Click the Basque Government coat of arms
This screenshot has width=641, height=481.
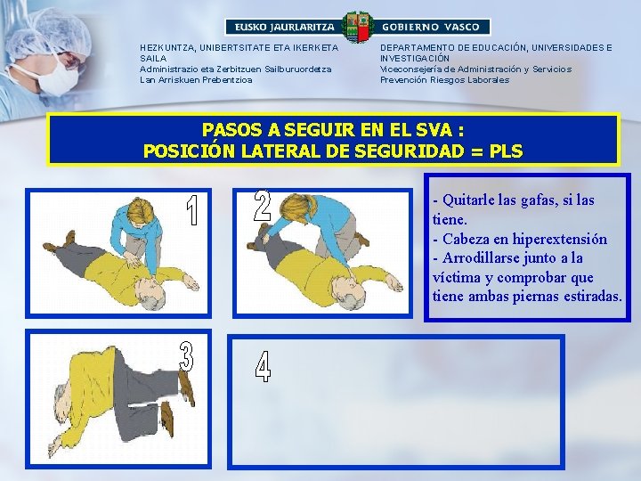(x=358, y=27)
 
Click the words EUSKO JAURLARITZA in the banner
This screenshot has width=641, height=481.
(x=284, y=28)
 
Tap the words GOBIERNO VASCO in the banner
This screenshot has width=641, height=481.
(x=431, y=28)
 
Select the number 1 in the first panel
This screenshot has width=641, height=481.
(x=192, y=210)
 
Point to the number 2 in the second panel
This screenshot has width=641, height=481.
(x=262, y=206)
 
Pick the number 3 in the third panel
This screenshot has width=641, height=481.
(x=186, y=356)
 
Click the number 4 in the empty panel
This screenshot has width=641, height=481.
(x=263, y=366)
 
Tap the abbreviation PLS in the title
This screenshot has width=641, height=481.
(x=506, y=151)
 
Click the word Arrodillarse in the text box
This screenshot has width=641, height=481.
(x=477, y=258)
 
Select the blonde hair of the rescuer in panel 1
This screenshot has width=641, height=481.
(x=142, y=211)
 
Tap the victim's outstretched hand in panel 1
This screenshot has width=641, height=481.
(x=191, y=282)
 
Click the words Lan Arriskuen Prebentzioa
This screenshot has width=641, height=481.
(x=196, y=80)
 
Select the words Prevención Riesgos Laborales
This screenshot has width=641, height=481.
(x=445, y=80)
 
